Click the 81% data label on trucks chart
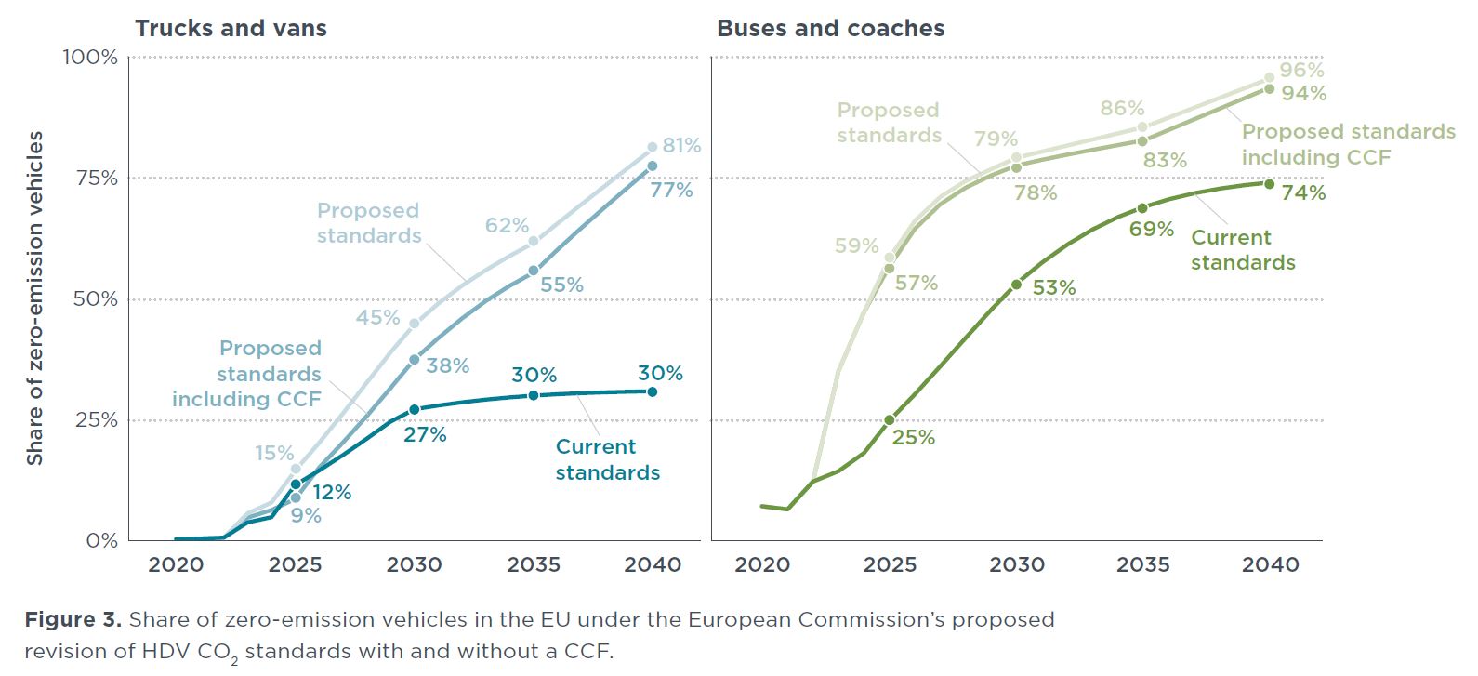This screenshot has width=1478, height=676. click(681, 146)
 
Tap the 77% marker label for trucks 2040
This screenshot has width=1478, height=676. click(671, 191)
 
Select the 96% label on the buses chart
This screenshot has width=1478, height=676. click(1301, 71)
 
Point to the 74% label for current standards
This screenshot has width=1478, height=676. click(1303, 193)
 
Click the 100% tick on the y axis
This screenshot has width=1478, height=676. click(90, 58)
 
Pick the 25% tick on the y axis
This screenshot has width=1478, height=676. click(96, 420)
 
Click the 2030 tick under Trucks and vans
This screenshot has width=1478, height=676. click(415, 564)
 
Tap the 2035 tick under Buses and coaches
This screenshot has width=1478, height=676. click(1143, 564)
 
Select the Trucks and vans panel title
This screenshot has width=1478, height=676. click(231, 29)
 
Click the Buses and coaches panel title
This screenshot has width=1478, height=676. click(830, 29)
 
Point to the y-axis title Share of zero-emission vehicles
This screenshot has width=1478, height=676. click(34, 298)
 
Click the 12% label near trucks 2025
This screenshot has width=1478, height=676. click(332, 493)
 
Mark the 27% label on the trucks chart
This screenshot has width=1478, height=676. click(425, 435)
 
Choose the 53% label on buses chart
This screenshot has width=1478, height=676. click(1054, 288)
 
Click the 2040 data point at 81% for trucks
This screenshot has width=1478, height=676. click(652, 147)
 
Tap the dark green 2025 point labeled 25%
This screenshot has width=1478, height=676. click(890, 420)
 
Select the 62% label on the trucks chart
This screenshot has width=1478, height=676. click(507, 226)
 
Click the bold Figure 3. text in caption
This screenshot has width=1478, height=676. click(73, 620)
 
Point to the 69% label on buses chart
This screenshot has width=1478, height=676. click(1152, 229)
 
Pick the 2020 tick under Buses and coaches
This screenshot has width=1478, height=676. click(762, 564)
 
